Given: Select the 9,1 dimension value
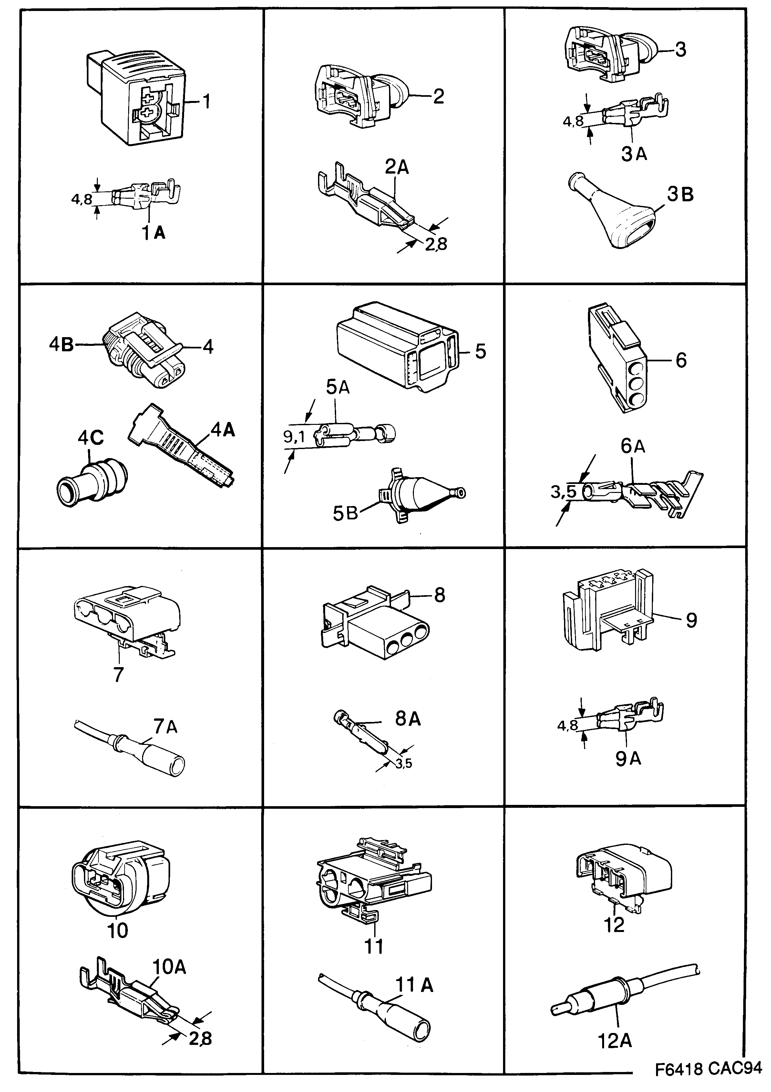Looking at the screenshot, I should (294, 436).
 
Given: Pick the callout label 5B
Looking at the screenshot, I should (345, 514).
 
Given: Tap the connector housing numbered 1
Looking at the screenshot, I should (143, 102).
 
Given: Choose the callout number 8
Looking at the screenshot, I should (439, 595).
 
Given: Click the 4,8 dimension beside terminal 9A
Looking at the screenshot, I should (567, 725).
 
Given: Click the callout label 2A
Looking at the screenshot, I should (396, 167).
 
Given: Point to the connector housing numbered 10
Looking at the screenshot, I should (119, 880).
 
